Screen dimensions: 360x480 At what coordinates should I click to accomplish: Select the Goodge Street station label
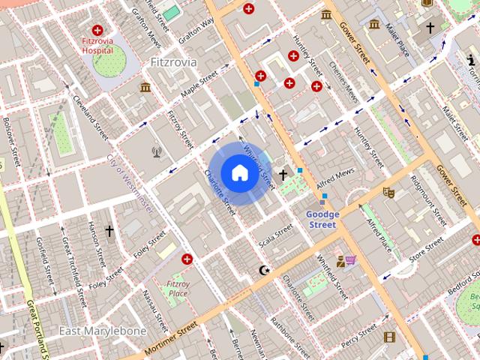[323, 219]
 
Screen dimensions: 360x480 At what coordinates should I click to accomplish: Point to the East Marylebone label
[92, 331]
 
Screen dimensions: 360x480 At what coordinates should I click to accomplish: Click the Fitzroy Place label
[177, 288]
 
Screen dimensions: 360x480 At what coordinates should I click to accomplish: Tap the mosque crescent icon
[262, 270]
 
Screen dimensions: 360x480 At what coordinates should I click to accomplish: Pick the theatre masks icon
[388, 193]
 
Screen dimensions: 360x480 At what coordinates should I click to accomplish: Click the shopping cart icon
[351, 259]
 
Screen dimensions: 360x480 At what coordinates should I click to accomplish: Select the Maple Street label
[197, 85]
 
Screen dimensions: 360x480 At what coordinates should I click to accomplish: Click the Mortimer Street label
[170, 337]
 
